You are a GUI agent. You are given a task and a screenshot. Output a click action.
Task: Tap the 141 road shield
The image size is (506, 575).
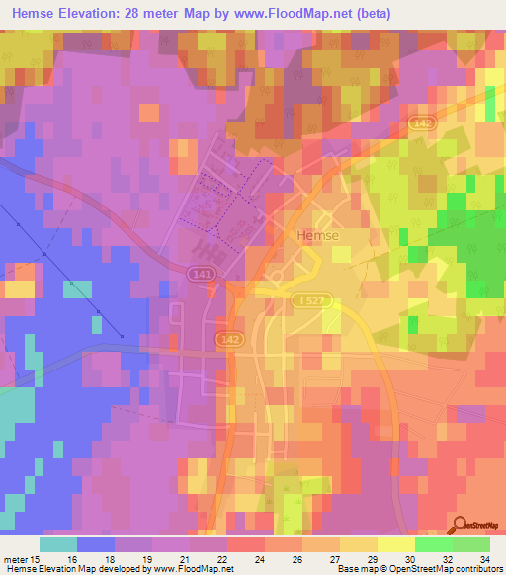click(x=201, y=272)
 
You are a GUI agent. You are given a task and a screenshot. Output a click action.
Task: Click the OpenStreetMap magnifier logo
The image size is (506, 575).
click(x=458, y=527)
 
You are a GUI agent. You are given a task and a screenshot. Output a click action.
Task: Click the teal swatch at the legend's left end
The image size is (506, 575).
click(x=58, y=544)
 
